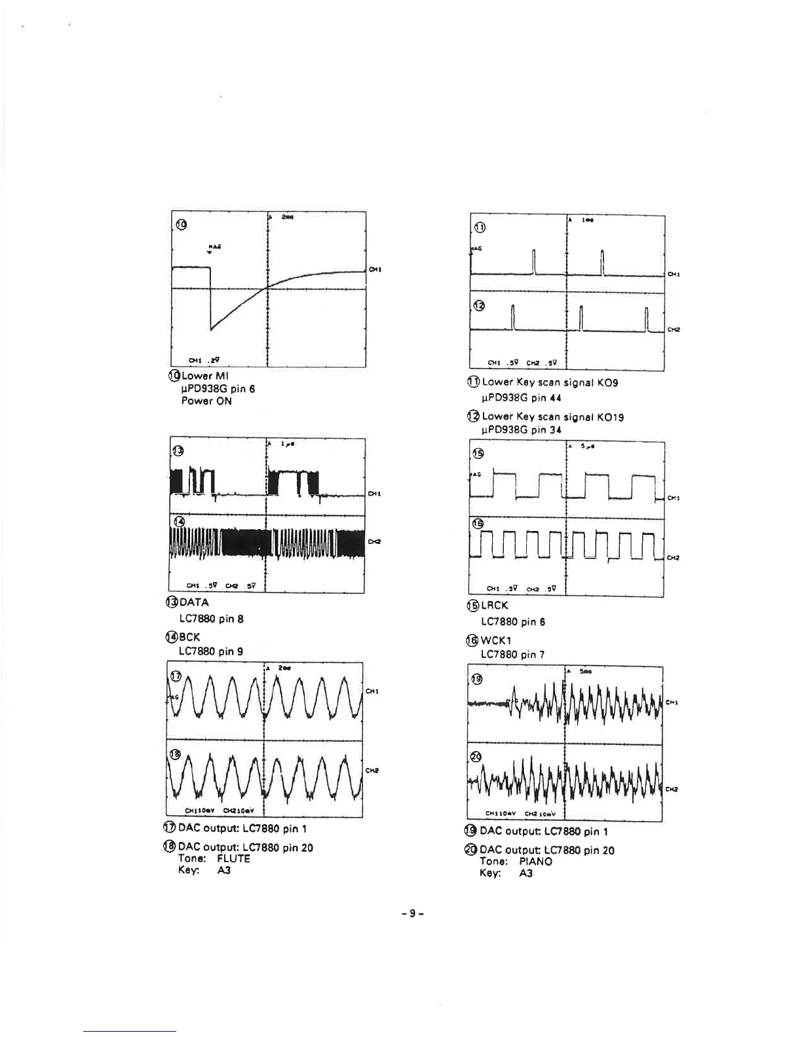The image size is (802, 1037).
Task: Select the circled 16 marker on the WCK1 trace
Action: pos(478,524)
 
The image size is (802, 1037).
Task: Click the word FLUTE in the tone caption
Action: pos(233,858)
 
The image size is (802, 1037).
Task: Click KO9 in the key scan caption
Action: pos(607,382)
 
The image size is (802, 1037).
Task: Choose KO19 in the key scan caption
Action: pos(611,416)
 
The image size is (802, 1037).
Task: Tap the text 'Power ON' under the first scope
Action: pos(206,401)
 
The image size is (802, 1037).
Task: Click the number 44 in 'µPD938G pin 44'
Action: pos(555,397)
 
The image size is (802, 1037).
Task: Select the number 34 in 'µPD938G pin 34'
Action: pos(555,430)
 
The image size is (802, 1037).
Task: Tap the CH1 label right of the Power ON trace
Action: pos(375,269)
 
